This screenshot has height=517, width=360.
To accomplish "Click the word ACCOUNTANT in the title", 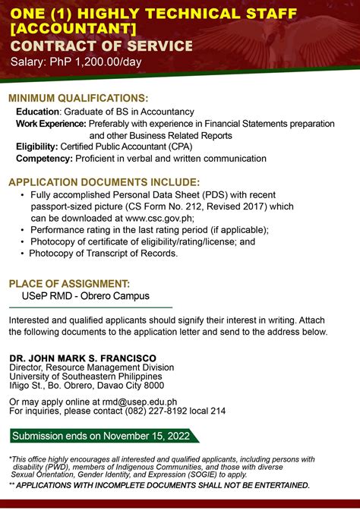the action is point(75,29).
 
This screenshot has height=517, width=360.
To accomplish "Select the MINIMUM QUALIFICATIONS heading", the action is point(78,99).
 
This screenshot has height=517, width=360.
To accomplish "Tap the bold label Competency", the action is point(44,159).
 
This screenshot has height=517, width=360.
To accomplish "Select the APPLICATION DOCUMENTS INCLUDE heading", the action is point(104,182).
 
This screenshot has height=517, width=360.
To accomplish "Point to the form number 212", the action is point(210,206).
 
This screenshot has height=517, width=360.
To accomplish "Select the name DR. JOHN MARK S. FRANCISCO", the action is point(82,358).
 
